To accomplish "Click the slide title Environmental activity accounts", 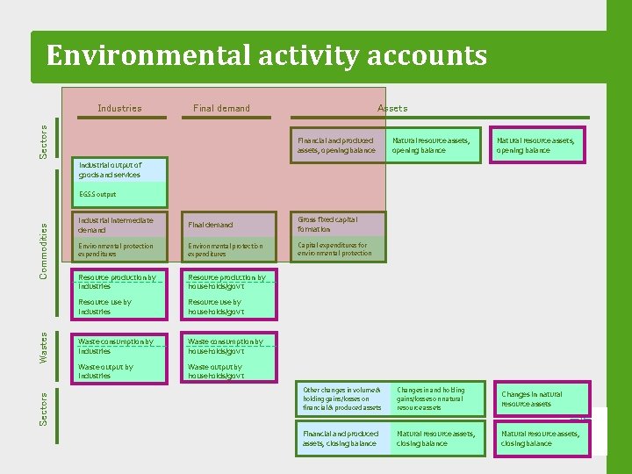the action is pyautogui.click(x=266, y=56).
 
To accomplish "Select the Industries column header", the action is pyautogui.click(x=119, y=109).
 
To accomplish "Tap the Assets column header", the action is pyautogui.click(x=392, y=109).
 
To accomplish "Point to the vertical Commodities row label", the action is pyautogui.click(x=44, y=249).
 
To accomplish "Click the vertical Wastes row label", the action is pyautogui.click(x=44, y=347).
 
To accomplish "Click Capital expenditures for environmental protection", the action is pyautogui.click(x=338, y=249).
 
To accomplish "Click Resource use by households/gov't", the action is pyautogui.click(x=227, y=306).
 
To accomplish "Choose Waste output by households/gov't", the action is pyautogui.click(x=227, y=371).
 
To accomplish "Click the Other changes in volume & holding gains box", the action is pyautogui.click(x=343, y=399).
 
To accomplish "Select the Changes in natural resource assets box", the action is pyautogui.click(x=540, y=399).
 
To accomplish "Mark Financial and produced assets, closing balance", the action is pyautogui.click(x=343, y=438).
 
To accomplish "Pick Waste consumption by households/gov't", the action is pyautogui.click(x=227, y=346).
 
